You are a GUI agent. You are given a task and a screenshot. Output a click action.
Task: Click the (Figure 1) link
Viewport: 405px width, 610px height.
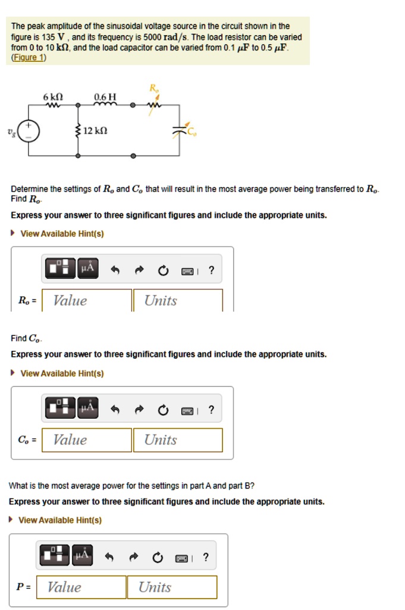pos(29,58)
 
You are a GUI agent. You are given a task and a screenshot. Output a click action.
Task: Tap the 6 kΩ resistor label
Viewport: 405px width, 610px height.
pos(53,97)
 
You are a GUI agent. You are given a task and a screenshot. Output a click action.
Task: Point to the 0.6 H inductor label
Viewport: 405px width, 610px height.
pos(105,97)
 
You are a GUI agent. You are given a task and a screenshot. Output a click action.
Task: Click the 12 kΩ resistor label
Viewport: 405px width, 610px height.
pos(95,130)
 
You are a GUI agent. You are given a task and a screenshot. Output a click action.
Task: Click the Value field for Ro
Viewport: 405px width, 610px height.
pos(87,300)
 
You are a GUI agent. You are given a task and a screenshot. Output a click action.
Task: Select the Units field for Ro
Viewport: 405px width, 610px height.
pos(178,300)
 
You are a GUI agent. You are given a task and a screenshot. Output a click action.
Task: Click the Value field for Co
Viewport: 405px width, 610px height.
pos(87,440)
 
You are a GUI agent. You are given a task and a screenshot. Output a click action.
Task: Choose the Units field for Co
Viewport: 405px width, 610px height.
pos(178,440)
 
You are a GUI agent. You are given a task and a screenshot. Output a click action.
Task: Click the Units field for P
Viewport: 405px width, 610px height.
pos(172,587)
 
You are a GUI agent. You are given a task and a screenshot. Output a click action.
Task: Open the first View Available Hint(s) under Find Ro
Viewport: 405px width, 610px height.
pos(62,234)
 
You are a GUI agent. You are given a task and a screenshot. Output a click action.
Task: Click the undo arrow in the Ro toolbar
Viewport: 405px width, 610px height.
pos(117,270)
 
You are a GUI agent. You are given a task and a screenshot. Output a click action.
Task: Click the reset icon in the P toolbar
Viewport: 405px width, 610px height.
pos(157,558)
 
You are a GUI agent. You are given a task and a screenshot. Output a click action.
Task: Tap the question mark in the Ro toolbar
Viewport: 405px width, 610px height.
pos(212,270)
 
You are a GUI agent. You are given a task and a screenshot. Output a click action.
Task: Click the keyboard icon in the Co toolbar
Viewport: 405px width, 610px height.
pos(187,410)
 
